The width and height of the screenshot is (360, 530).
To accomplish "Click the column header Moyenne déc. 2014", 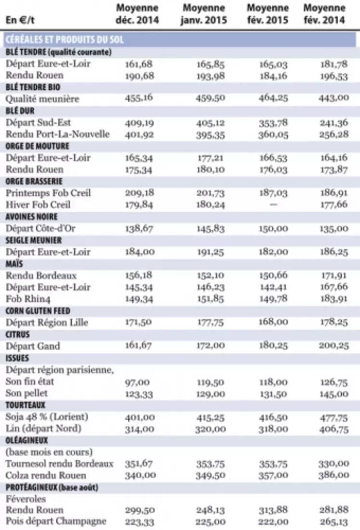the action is coord(137,14).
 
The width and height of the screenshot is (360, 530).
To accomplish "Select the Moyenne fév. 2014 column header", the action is coord(324,14).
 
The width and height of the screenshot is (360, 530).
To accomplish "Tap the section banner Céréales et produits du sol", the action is coord(65,40).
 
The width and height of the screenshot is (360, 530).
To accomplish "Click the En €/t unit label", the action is coord(20,20).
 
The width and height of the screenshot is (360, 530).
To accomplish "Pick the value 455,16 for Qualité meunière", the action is coord(139,98).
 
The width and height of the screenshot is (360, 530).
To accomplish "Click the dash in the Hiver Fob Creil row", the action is coord(274,204).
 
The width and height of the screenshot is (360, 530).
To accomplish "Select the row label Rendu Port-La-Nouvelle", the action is coord(58,134).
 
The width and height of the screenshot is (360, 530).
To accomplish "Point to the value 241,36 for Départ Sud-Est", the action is coord(333,122).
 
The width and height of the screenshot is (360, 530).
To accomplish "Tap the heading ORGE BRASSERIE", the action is coord(34,181).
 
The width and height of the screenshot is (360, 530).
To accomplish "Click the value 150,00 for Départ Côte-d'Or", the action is coord(274,229).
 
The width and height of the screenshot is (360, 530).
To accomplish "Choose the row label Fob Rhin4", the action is coord(28,299).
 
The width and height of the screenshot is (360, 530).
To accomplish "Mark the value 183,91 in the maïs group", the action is coord(333,299).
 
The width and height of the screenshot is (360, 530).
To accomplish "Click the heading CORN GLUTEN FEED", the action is coord(38,311).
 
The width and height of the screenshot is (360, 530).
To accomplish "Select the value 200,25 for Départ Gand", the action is coord(333,346).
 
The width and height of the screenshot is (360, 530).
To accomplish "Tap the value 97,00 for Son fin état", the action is coord(137,382).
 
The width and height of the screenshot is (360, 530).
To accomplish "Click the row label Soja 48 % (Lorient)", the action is coord(47,417).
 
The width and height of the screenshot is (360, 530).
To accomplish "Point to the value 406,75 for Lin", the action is coord(333,429).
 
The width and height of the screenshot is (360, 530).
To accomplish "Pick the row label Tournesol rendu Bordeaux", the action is coord(59,464).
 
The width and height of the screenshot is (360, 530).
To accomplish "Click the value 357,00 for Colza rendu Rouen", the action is coord(274,476).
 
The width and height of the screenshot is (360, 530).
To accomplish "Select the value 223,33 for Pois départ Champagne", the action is coord(139,521).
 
